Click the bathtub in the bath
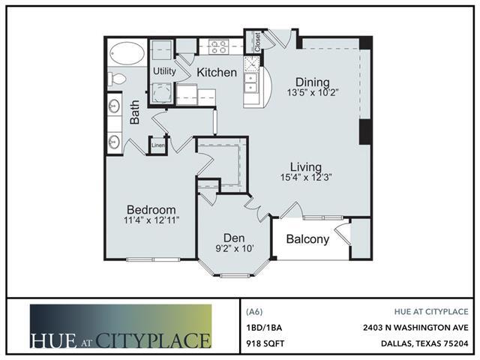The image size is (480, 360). pos(127,53)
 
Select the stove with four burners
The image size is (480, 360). pos(218,46)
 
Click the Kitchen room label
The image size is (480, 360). pos(217,72)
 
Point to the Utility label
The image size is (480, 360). pos(164,71)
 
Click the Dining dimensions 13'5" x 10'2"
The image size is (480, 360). pos(312,92)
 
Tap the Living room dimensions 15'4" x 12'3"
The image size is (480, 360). pos(306,177)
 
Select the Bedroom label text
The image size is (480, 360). pos(151,210)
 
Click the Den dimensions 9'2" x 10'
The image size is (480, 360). pos(234,248)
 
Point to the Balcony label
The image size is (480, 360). pos(307,239)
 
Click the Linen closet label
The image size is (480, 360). pos(158,145)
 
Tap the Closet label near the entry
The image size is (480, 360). pos(257,42)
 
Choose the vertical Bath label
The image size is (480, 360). pos(134,112)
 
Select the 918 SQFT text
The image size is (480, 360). pos(265,343)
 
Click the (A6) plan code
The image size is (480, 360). pos(254,312)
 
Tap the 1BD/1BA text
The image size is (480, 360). pos(264,328)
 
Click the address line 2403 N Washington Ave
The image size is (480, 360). pos(415,328)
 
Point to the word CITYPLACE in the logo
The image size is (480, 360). pos(153,340)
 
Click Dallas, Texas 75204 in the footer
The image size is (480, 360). pos(424,343)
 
